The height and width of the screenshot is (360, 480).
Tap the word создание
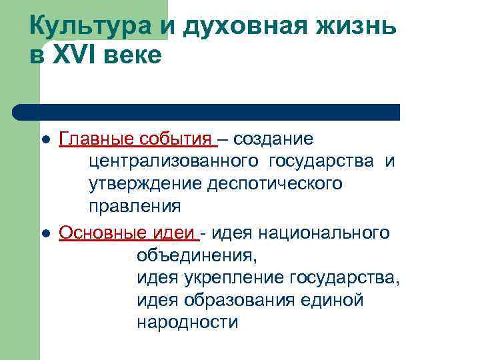273,140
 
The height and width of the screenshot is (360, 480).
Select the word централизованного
174,162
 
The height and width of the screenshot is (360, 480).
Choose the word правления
134,206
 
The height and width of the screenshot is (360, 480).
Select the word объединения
196,255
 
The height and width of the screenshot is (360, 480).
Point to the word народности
187,323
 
